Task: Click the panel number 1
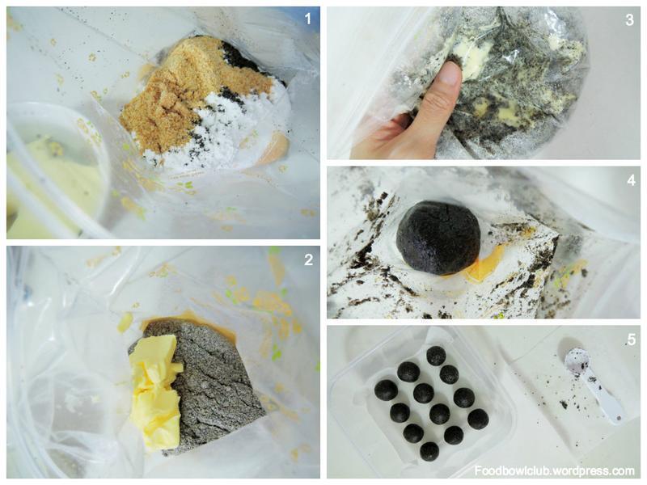coord(308,18)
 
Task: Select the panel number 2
coord(308,259)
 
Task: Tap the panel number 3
coord(629,19)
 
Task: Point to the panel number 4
coord(631,180)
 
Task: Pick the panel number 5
coord(631,339)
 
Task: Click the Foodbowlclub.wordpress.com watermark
coord(554,470)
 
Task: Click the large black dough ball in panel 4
coord(438,237)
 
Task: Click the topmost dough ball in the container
coord(436,356)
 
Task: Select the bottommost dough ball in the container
coord(429,452)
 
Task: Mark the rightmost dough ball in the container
coord(479,419)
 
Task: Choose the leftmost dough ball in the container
coord(386,390)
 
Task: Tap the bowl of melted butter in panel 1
coord(53,169)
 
